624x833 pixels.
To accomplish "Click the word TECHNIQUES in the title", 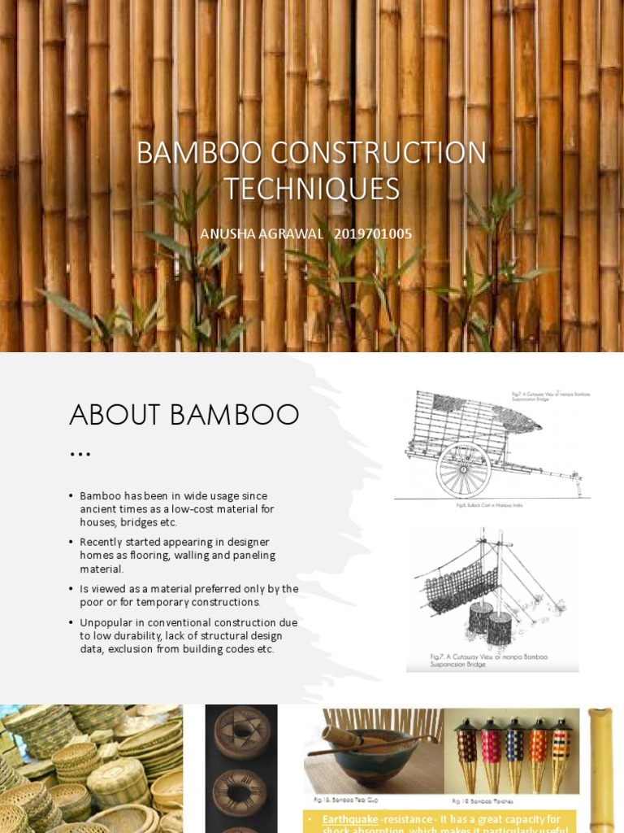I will click(312, 189).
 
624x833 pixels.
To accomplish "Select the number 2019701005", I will click(373, 234).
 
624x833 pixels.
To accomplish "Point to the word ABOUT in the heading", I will click(113, 415).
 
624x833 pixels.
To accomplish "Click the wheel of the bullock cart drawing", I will click(463, 469).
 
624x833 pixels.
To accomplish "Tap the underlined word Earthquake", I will click(349, 820).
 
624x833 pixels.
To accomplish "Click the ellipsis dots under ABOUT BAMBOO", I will click(80, 452).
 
